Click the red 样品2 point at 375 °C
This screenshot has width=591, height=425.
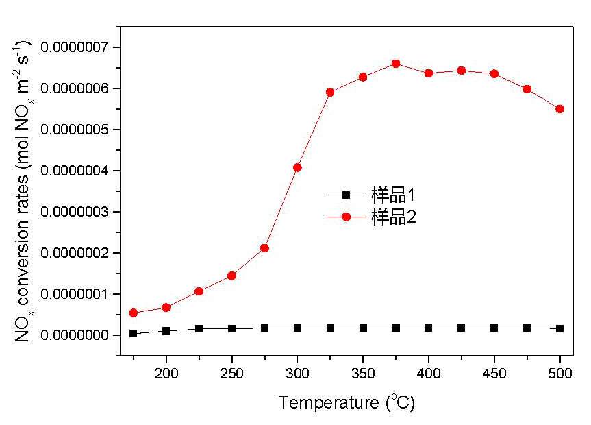click(x=396, y=64)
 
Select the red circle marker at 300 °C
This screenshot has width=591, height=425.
click(x=297, y=167)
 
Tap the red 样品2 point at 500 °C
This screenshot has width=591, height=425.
click(x=559, y=108)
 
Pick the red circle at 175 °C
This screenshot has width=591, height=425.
click(x=134, y=313)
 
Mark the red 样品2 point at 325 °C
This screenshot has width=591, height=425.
click(x=330, y=92)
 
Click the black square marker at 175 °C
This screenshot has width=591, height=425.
click(x=134, y=333)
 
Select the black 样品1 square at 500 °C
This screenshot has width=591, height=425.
click(x=559, y=328)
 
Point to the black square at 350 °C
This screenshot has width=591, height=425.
click(x=363, y=328)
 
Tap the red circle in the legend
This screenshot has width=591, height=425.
click(x=346, y=217)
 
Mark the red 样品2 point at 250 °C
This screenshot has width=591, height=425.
click(x=231, y=276)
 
